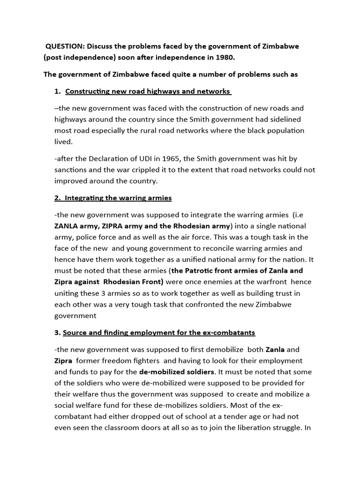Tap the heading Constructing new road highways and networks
pos(148,91)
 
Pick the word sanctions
pos(71,170)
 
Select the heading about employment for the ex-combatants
pos(159,332)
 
